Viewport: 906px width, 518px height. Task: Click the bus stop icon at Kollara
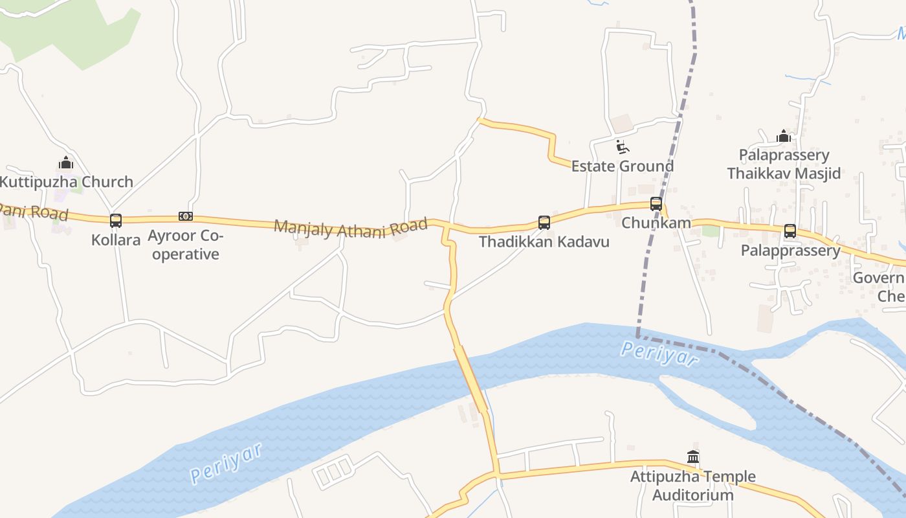pos(116,221)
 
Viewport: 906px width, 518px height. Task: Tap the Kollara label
pos(116,240)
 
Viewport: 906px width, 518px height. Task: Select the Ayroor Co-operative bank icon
pos(186,216)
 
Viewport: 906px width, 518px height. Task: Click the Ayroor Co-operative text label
pos(186,245)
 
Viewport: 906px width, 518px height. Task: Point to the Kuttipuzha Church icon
pos(66,163)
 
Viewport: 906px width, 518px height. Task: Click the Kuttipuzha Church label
pos(66,182)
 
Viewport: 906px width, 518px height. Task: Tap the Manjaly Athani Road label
pos(351,228)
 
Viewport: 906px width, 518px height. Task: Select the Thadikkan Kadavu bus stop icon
pos(544,223)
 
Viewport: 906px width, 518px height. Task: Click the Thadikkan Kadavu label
pos(544,242)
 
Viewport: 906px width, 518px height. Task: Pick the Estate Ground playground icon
pos(623,147)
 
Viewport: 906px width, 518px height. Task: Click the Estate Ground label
pos(623,166)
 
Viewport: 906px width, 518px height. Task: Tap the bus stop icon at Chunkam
pos(656,204)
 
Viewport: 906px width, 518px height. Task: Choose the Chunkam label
pos(656,223)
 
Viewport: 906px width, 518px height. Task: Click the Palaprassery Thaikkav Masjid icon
pos(784,136)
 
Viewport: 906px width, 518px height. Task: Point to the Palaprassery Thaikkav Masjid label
pos(784,164)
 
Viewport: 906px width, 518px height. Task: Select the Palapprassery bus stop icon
pos(790,231)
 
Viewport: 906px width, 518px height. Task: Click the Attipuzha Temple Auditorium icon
pos(693,457)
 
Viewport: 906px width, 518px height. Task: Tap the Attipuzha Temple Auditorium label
pos(693,486)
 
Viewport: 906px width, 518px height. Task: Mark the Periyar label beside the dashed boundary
pos(659,354)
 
